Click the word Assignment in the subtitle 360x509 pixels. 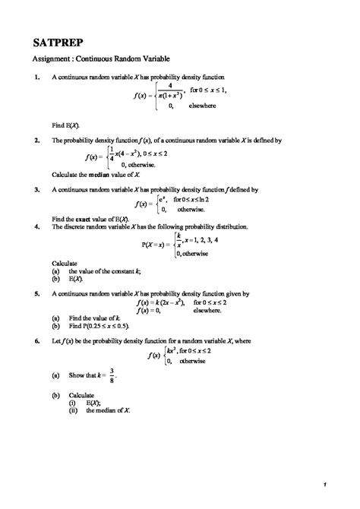50,58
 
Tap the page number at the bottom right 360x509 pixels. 324,484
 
